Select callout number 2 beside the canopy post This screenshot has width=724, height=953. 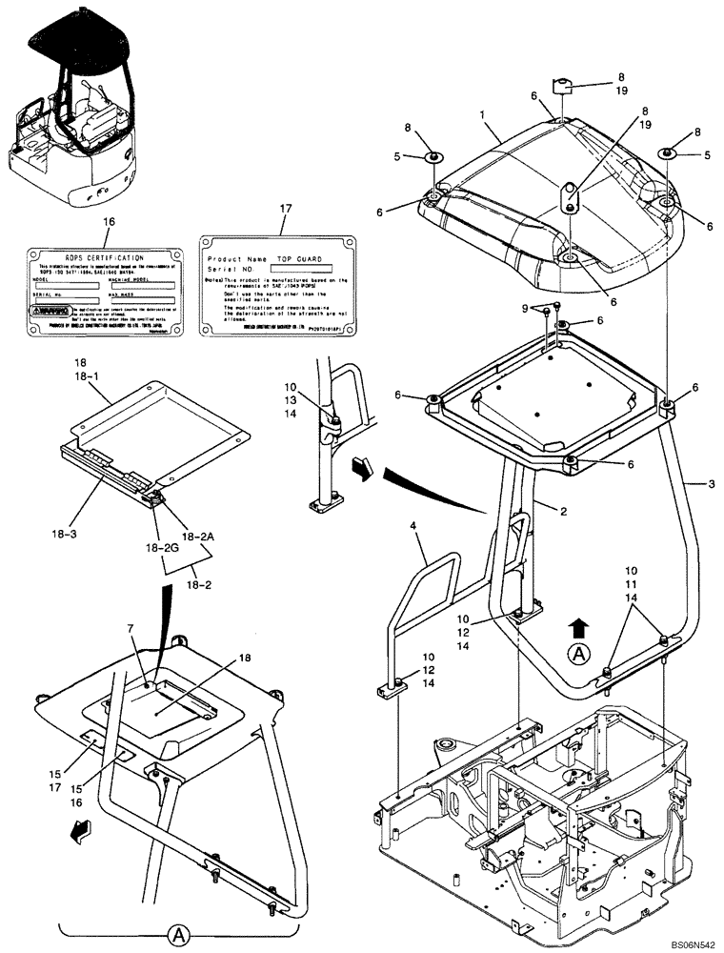point(564,512)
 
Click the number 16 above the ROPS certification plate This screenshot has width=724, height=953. point(108,221)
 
